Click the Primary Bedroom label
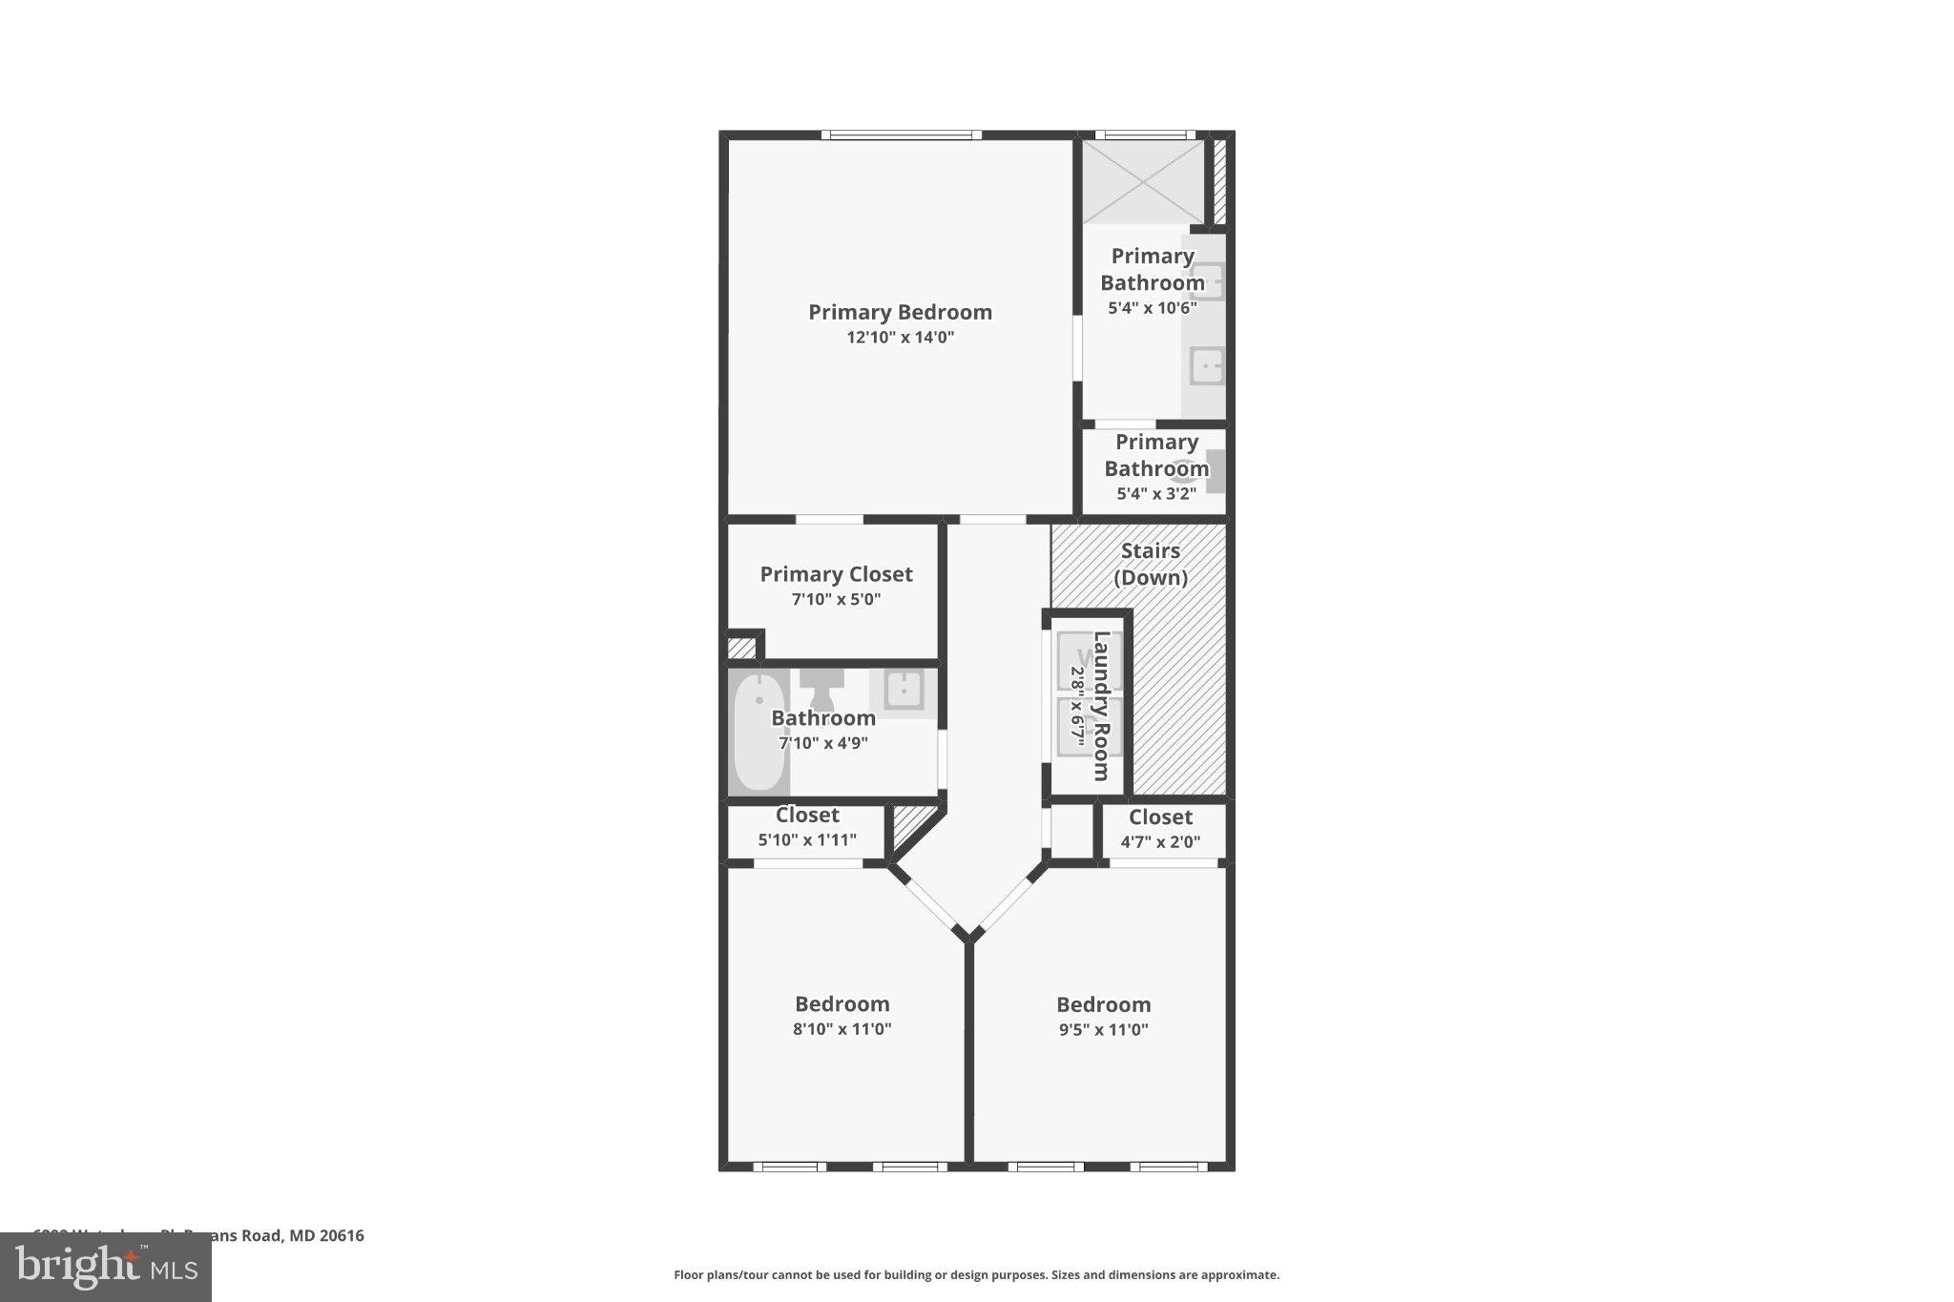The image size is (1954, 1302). [900, 312]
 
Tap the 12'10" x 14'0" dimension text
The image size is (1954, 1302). [900, 338]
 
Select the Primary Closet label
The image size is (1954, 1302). [836, 574]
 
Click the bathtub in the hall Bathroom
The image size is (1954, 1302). [759, 733]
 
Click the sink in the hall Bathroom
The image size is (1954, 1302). [903, 688]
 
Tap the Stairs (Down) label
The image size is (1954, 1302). [1151, 564]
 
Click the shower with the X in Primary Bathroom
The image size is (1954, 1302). [1143, 181]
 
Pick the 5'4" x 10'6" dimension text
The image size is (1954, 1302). [1152, 308]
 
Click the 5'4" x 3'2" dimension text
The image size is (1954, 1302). [1155, 494]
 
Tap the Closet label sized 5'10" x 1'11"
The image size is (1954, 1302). [807, 816]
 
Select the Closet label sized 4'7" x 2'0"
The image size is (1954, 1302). [1160, 817]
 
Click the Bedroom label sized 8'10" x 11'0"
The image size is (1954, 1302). [842, 1003]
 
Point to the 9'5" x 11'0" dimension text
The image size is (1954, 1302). [1103, 1030]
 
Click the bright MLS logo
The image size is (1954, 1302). [106, 1267]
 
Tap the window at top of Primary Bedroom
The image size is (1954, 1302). [902, 135]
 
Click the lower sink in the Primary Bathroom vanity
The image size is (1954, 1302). [1207, 366]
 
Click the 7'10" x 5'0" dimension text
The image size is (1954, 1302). [836, 600]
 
